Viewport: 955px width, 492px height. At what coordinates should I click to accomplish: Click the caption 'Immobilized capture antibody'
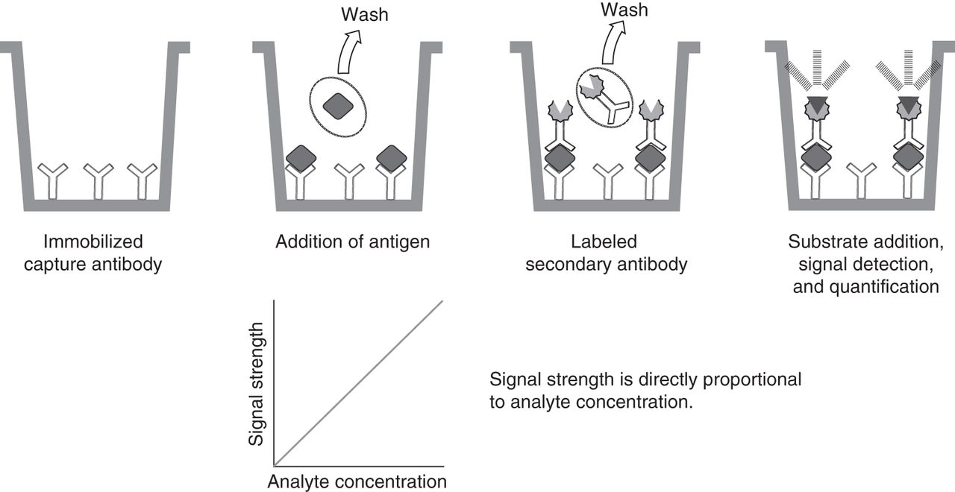[x=93, y=253]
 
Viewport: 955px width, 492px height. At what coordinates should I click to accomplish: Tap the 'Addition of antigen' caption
[x=353, y=242]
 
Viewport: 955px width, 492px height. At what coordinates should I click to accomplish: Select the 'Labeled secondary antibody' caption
[x=606, y=253]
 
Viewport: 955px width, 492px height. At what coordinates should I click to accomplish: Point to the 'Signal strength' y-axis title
[x=257, y=384]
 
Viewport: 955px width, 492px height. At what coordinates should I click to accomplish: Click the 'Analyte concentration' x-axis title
[x=357, y=480]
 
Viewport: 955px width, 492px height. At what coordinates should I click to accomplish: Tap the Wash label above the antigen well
[x=365, y=13]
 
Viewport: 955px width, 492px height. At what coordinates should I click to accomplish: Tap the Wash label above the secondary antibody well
[x=624, y=10]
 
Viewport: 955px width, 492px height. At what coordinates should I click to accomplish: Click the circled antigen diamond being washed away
[x=337, y=106]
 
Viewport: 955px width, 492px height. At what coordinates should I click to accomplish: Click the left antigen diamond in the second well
[x=301, y=158]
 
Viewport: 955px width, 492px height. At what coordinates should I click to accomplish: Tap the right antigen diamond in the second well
[x=391, y=158]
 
